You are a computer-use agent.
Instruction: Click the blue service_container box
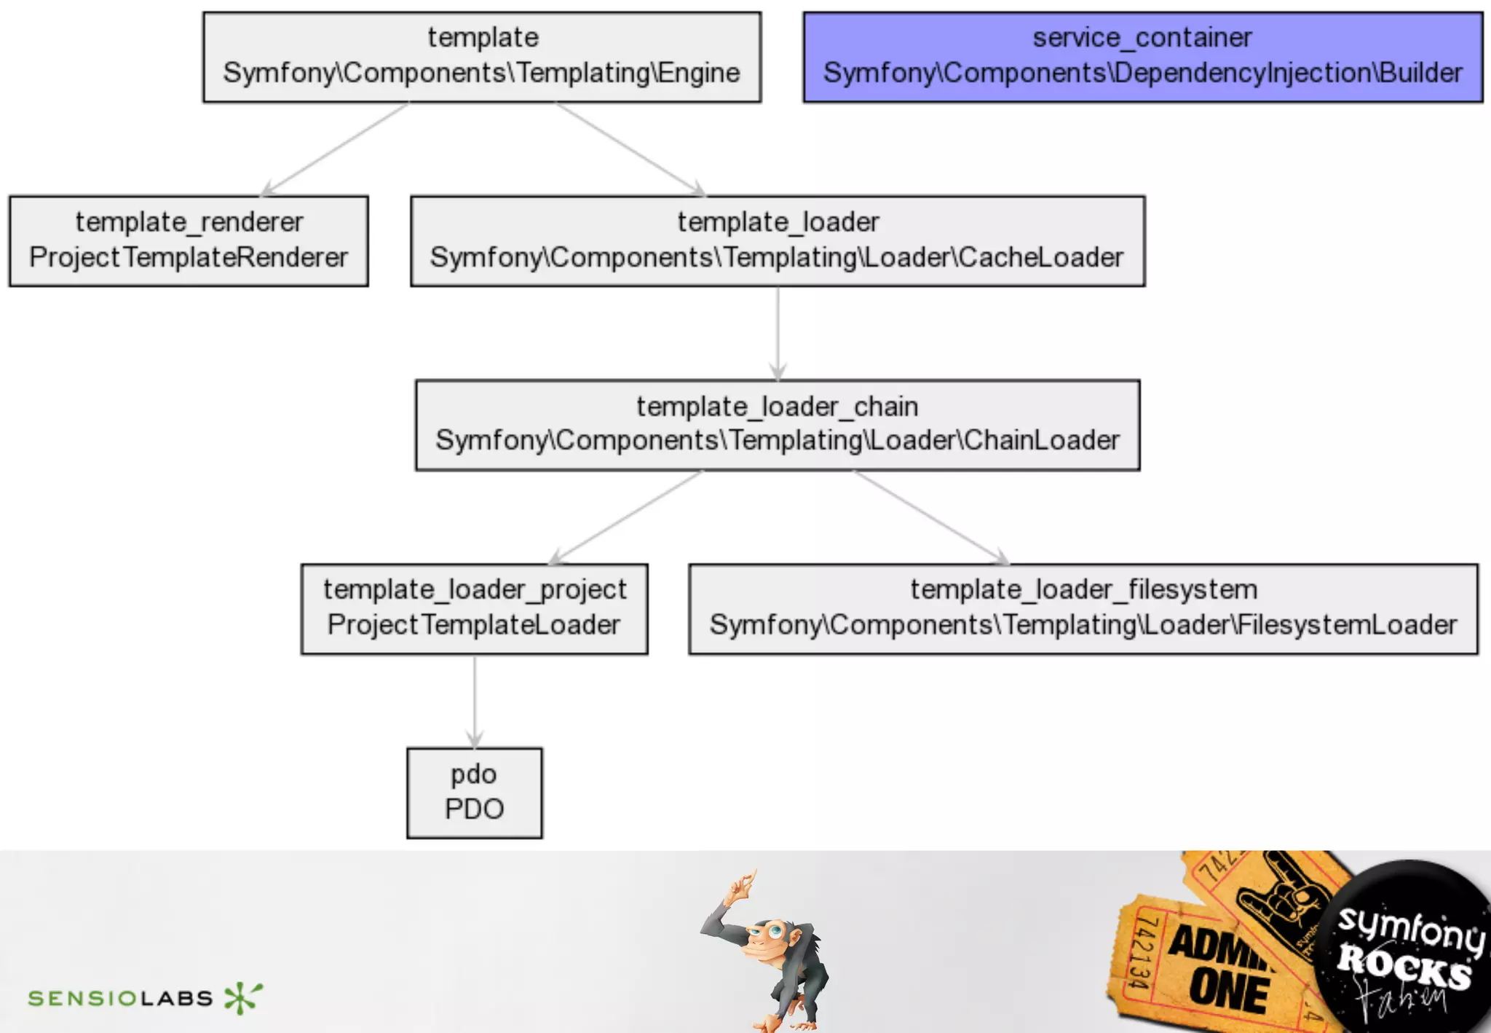tap(1142, 57)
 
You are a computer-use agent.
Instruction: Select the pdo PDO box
tap(474, 793)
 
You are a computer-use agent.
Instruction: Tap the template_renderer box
tap(189, 240)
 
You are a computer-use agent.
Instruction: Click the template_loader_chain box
tap(778, 425)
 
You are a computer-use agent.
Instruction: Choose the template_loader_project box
tap(474, 608)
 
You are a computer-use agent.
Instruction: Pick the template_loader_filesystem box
tap(1083, 608)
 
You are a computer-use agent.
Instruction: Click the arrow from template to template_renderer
tap(335, 149)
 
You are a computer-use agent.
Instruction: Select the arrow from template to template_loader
tap(630, 149)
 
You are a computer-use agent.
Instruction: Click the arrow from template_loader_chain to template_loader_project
tap(626, 516)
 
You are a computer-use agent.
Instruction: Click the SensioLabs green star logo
tap(242, 997)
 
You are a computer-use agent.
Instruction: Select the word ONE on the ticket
tap(1229, 991)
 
